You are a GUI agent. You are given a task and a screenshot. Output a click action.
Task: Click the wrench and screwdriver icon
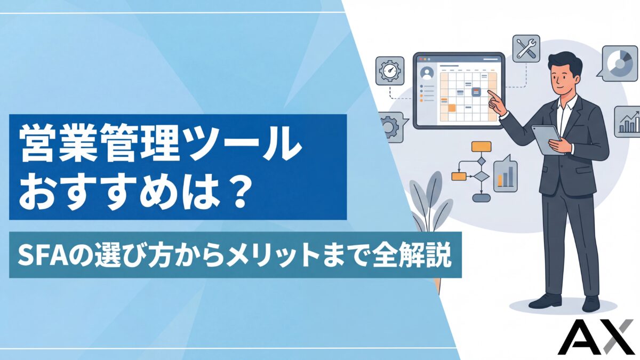(x=526, y=50)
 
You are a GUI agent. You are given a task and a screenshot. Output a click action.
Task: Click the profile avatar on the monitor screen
(x=427, y=73)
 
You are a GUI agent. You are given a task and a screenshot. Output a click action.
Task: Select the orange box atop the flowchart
(x=481, y=147)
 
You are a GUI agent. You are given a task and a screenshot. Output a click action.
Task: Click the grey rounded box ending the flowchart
(x=481, y=197)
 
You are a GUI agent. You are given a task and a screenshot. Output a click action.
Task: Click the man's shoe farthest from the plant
(x=590, y=304)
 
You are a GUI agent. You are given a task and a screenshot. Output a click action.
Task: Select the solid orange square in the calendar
(x=452, y=108)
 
